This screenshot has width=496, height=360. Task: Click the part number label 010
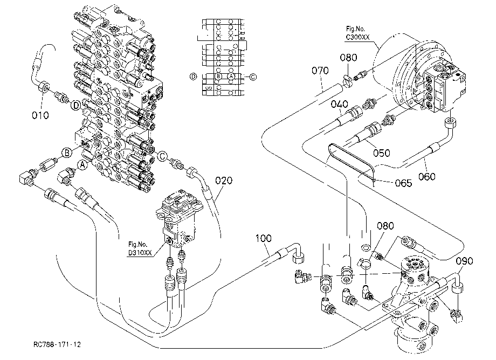coord(40,115)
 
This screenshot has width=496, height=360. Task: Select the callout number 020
coord(224,181)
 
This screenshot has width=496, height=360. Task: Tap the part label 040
coord(340,104)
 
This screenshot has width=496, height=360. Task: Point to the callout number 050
coord(382,153)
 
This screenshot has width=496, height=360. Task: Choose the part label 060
coord(427,176)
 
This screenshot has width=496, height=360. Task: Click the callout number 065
coord(404,183)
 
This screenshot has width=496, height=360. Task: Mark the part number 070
coord(320,70)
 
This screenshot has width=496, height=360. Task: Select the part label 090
coord(465,261)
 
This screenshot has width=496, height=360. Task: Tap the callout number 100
coord(264,238)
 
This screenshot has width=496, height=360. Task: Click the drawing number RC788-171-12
coord(57,344)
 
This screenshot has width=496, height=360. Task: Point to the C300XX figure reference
coord(357,37)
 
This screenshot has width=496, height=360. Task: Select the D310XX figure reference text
coord(140,253)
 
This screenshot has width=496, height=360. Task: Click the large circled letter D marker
coord(75,105)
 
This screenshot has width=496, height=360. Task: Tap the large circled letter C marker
coord(163,156)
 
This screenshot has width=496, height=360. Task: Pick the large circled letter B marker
coord(67,153)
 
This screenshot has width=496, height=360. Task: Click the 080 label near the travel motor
coord(349,58)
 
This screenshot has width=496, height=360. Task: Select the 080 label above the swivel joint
coord(385,226)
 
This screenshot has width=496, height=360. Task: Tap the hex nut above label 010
coord(43,86)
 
